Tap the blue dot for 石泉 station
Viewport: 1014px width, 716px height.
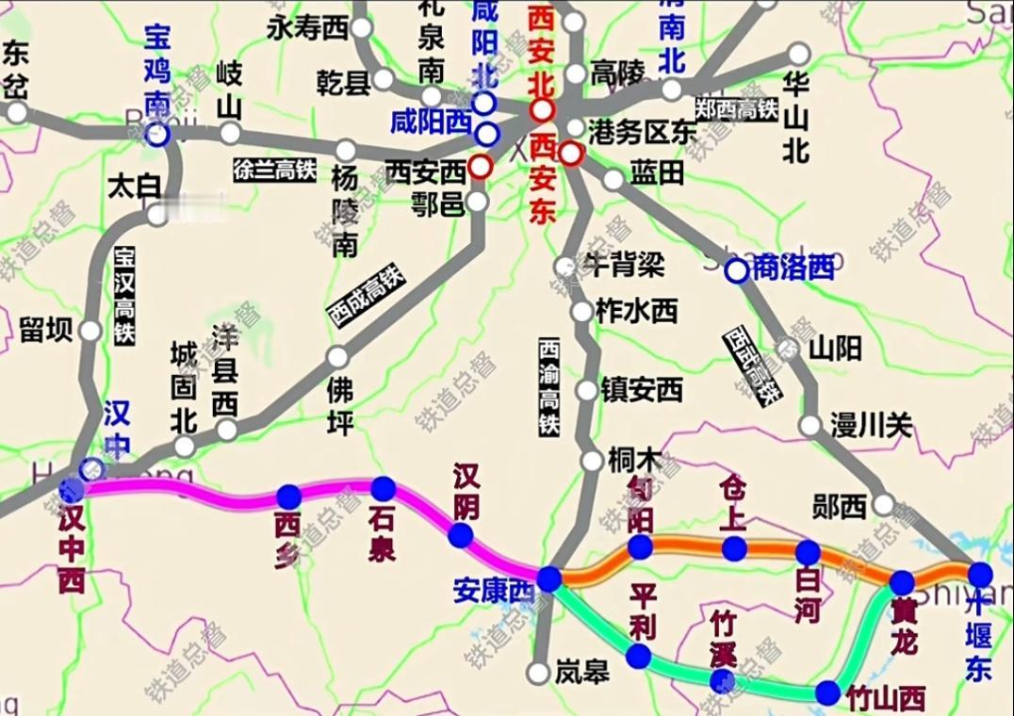point(384,488)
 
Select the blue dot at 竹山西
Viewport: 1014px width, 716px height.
point(827,693)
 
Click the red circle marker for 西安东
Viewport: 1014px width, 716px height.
point(569,153)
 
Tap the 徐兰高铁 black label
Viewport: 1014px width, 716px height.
point(274,170)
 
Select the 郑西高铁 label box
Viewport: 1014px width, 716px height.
point(736,108)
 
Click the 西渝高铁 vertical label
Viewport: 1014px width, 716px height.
point(548,387)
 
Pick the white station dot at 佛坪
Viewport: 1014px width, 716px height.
point(337,357)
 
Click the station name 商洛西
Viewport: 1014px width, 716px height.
point(794,268)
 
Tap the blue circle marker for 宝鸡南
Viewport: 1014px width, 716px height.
point(157,136)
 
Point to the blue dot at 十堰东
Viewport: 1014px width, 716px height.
point(980,573)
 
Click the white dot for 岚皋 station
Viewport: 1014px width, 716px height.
point(538,673)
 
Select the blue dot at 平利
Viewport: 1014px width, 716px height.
point(640,656)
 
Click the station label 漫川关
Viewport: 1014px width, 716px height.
point(871,426)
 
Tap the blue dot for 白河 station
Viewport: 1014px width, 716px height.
point(808,552)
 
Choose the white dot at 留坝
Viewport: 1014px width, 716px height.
point(90,331)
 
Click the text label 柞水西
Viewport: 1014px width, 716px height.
point(637,311)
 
